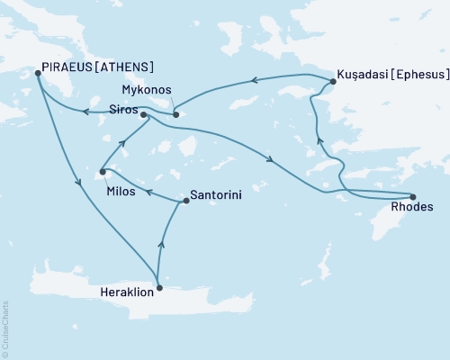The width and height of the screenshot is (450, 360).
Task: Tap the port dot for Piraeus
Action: (38, 74)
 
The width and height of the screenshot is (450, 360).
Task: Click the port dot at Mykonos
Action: (176, 114)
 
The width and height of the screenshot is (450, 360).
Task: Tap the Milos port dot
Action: (103, 172)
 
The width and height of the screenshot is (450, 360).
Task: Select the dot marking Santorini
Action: (186, 201)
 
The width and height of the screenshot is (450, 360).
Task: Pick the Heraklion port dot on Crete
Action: (159, 288)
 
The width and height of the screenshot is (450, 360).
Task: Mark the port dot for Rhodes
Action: (413, 197)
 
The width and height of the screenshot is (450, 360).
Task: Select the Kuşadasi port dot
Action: (332, 82)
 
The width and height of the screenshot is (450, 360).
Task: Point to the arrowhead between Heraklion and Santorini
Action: (162, 239)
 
